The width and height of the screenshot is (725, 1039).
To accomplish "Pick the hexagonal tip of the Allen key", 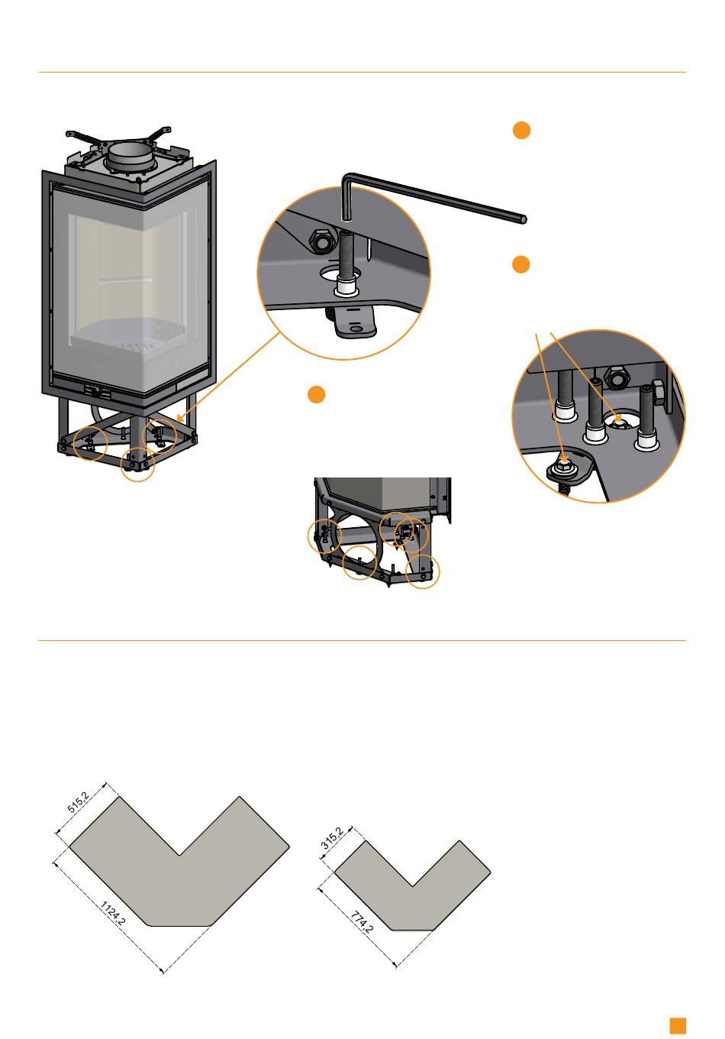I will pyautogui.click(x=523, y=218).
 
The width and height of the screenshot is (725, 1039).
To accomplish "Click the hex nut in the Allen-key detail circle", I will pyautogui.click(x=320, y=242).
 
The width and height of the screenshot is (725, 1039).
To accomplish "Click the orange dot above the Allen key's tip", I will pyautogui.click(x=520, y=131).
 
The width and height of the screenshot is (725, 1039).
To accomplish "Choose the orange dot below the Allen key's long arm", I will pyautogui.click(x=520, y=265).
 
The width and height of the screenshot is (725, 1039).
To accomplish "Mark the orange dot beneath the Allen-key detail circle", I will pyautogui.click(x=317, y=394).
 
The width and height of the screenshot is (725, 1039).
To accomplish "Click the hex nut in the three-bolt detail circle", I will pyautogui.click(x=614, y=377).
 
